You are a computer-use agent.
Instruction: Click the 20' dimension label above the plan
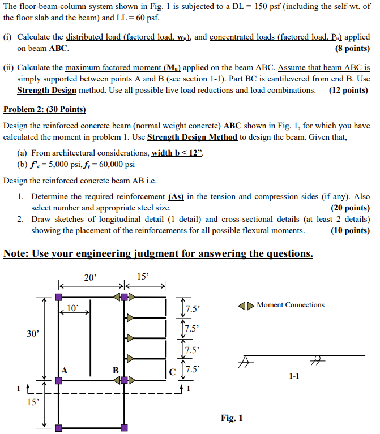coord(90,277)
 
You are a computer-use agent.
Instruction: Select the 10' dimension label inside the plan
coord(74,308)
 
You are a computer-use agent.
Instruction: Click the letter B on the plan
coord(116,370)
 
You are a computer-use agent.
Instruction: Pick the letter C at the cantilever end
coord(172,371)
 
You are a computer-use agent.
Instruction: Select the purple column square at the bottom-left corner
coord(58,428)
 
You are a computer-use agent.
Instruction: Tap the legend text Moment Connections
coord(290,305)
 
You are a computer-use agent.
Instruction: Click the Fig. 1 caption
coord(232,418)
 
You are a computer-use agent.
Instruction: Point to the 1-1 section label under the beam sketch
coord(294,376)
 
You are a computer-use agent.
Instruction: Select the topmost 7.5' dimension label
coord(193,309)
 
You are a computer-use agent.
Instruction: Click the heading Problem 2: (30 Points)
coord(45,109)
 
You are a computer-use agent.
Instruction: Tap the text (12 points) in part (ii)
coord(348,90)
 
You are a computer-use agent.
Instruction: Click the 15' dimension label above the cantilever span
coord(143,277)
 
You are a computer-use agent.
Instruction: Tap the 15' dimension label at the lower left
coord(33,402)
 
